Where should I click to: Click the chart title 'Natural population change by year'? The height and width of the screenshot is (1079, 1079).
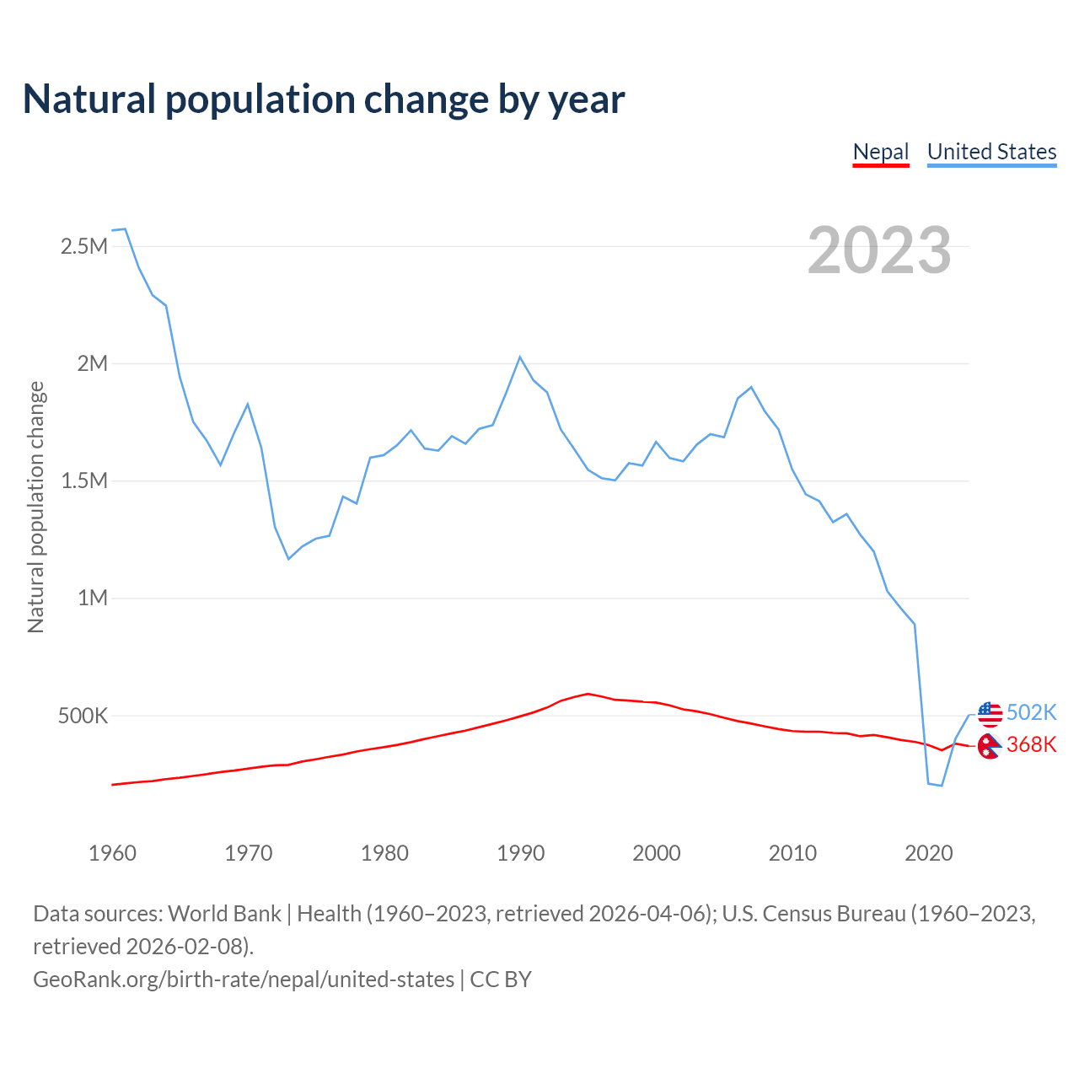[x=324, y=99]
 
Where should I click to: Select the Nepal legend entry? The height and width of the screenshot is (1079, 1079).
[x=881, y=152]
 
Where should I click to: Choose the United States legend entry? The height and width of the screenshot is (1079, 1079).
[x=991, y=152]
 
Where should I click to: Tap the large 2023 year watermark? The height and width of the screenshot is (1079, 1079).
[x=879, y=250]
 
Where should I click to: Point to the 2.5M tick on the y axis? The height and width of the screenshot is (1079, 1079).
[x=84, y=246]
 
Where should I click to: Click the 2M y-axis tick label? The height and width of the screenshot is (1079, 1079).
[x=93, y=363]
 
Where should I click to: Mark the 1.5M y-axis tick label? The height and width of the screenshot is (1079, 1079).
[x=84, y=480]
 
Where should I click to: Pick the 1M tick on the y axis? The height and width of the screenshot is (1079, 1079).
[x=93, y=598]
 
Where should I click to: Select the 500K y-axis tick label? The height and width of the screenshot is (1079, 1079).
[x=83, y=716]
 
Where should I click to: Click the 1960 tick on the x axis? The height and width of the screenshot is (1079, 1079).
[x=112, y=853]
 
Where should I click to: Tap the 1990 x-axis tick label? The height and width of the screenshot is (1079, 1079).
[x=520, y=853]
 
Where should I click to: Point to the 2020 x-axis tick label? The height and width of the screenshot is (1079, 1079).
[x=928, y=853]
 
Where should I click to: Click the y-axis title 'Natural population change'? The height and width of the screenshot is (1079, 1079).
[x=36, y=507]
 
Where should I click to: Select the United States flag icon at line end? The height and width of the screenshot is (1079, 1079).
[x=990, y=713]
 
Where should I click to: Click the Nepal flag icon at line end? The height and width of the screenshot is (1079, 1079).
[x=990, y=745]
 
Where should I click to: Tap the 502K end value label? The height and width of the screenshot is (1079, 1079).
[x=1031, y=712]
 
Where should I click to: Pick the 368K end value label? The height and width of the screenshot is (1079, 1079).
[x=1031, y=744]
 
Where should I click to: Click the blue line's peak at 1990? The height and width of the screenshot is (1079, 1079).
[x=520, y=357]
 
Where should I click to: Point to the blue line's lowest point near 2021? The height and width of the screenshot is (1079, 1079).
[x=942, y=786]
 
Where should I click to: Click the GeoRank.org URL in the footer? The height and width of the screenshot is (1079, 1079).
[x=244, y=980]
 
